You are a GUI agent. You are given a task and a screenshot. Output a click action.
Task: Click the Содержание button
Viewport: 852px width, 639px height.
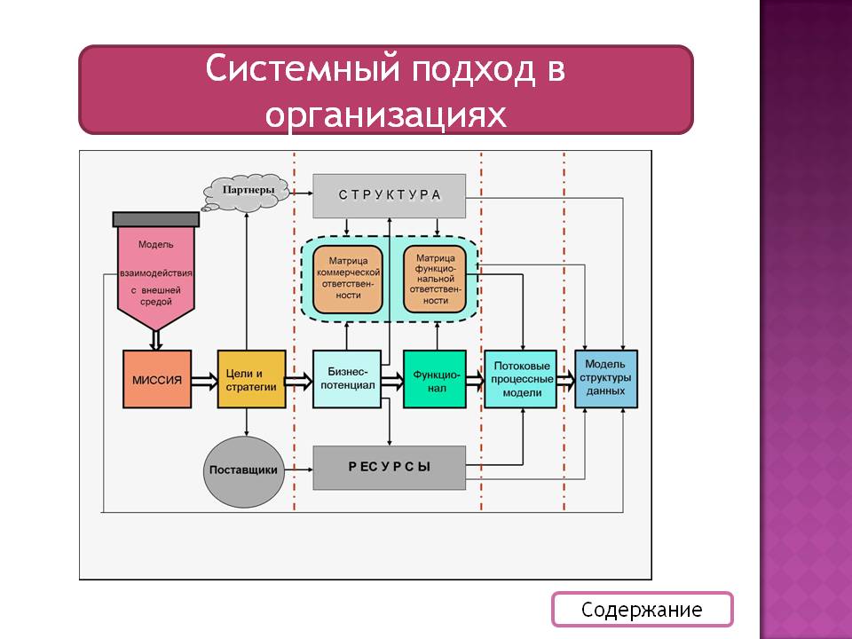(x=642, y=610)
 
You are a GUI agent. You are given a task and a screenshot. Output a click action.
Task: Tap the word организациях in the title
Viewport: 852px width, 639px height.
(x=386, y=113)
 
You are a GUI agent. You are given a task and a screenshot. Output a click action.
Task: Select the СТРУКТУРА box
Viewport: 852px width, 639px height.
(x=390, y=195)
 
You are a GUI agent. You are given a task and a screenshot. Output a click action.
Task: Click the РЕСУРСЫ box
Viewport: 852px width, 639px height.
(x=390, y=467)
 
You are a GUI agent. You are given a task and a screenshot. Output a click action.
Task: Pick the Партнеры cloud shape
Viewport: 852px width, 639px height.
(x=248, y=191)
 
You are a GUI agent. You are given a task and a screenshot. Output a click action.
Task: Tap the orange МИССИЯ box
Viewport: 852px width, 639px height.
(x=157, y=379)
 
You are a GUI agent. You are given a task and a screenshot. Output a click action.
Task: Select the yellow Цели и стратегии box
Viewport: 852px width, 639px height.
(x=252, y=379)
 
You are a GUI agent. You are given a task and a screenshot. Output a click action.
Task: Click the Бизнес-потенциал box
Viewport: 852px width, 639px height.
(x=346, y=379)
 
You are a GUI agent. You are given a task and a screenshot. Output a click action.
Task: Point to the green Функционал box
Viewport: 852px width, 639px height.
(x=435, y=379)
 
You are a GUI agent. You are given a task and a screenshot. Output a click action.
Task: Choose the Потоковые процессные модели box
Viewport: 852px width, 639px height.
(x=520, y=379)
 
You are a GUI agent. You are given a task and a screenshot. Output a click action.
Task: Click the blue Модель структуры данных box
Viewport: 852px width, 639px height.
(x=606, y=379)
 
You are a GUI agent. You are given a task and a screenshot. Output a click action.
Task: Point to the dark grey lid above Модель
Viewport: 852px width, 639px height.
(x=155, y=218)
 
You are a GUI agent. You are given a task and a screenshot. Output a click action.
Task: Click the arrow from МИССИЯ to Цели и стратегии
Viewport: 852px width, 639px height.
(x=204, y=380)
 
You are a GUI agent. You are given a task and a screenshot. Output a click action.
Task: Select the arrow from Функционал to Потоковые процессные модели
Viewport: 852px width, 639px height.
(x=475, y=380)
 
